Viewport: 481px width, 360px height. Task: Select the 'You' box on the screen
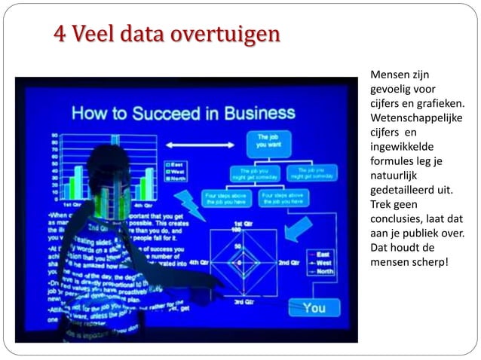click(x=314, y=307)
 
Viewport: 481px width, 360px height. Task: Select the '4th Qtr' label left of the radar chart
click(x=198, y=262)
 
